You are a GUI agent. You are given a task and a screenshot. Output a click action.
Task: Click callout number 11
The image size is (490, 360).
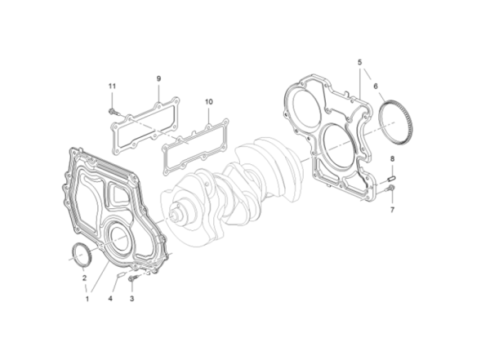pyautogui.click(x=113, y=85)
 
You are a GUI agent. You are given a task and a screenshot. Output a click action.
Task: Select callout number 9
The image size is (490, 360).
pyautogui.click(x=158, y=78)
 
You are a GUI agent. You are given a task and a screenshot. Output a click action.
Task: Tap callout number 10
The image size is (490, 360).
pyautogui.click(x=208, y=102)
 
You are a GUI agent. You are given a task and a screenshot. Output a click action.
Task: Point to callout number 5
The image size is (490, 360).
pyautogui.click(x=358, y=61)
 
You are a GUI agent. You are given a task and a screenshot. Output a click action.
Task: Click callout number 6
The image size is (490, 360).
pyautogui.click(x=376, y=85)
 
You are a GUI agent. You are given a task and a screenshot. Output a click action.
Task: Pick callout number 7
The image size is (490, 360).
pyautogui.click(x=391, y=209)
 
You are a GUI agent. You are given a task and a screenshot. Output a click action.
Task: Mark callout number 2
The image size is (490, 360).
pyautogui.click(x=83, y=278)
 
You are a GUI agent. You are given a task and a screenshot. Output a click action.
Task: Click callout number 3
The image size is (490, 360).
pyautogui.click(x=132, y=299)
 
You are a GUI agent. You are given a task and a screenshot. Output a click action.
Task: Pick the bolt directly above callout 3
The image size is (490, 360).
pyautogui.click(x=135, y=278)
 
